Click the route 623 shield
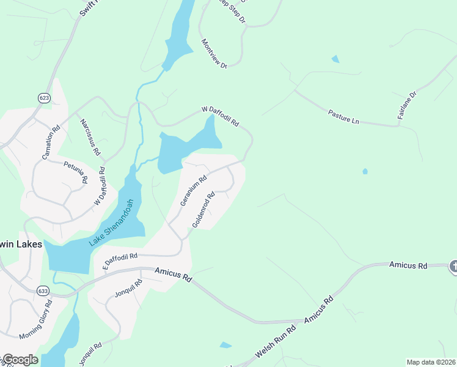click(x=44, y=97)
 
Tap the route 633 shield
click(x=42, y=291)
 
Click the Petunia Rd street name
click(x=76, y=171)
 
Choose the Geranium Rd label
click(x=194, y=191)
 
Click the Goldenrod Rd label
click(x=204, y=210)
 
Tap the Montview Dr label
click(x=214, y=53)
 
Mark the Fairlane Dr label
click(x=408, y=105)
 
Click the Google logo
click(x=20, y=360)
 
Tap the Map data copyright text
click(x=431, y=362)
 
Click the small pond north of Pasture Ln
click(x=334, y=59)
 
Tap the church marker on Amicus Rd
click(x=453, y=266)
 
